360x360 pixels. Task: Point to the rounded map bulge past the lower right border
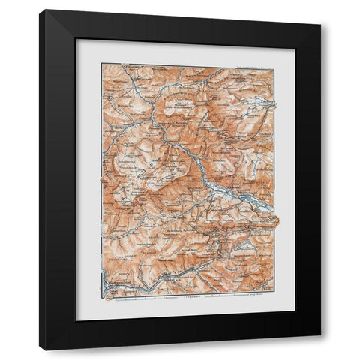pos(275,218)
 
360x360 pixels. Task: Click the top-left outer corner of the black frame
pos(40,10)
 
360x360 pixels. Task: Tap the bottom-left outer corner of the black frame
pos(40,349)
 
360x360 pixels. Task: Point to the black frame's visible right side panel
pos(315,180)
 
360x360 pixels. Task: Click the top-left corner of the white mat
pos(76,40)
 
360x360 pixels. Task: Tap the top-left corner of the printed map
pos(103,64)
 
